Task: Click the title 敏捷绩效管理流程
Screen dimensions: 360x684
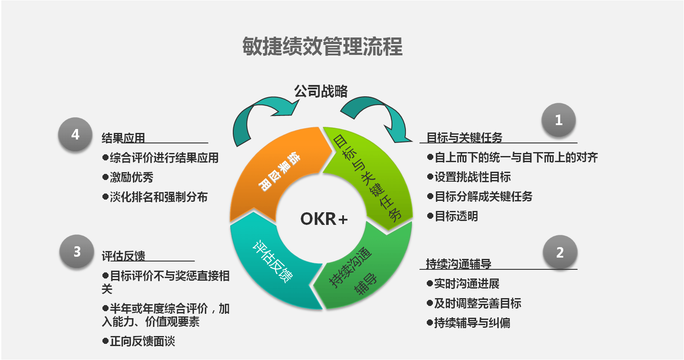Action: (322, 46)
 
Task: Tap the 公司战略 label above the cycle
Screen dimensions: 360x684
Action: (321, 91)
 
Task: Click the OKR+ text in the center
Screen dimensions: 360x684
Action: (324, 219)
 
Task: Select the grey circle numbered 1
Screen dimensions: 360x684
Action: (558, 120)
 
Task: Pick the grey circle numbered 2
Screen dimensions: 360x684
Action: (560, 252)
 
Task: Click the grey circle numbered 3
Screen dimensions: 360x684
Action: (77, 251)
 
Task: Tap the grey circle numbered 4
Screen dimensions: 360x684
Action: (75, 134)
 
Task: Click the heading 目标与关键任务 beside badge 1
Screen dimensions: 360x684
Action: (464, 138)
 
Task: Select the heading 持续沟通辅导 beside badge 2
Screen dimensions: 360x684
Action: (459, 264)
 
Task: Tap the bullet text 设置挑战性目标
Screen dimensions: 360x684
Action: (473, 177)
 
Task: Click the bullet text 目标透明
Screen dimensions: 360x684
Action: (456, 216)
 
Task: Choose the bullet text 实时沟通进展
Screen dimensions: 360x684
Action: (466, 284)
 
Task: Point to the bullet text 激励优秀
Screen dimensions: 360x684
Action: (131, 177)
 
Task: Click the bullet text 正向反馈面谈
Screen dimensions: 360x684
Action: (142, 341)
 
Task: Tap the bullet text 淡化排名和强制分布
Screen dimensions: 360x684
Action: (158, 197)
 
